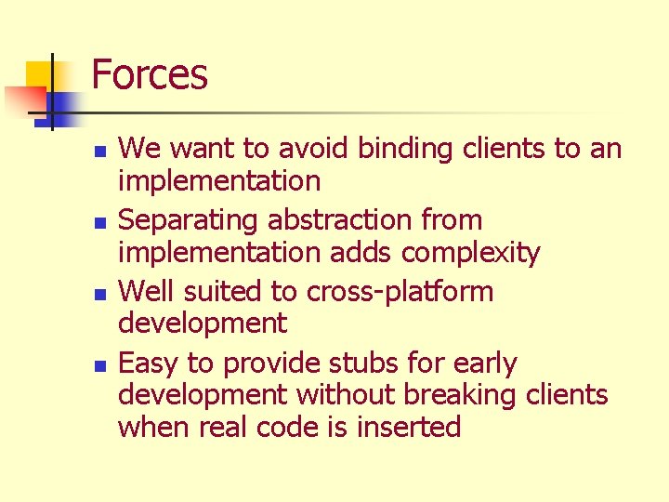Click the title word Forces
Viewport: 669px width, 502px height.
pos(150,75)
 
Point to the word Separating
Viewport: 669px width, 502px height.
pos(189,221)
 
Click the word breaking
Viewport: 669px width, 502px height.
pos(462,395)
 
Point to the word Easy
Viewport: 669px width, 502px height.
pos(151,363)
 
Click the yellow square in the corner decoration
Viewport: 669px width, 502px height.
pos(39,74)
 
